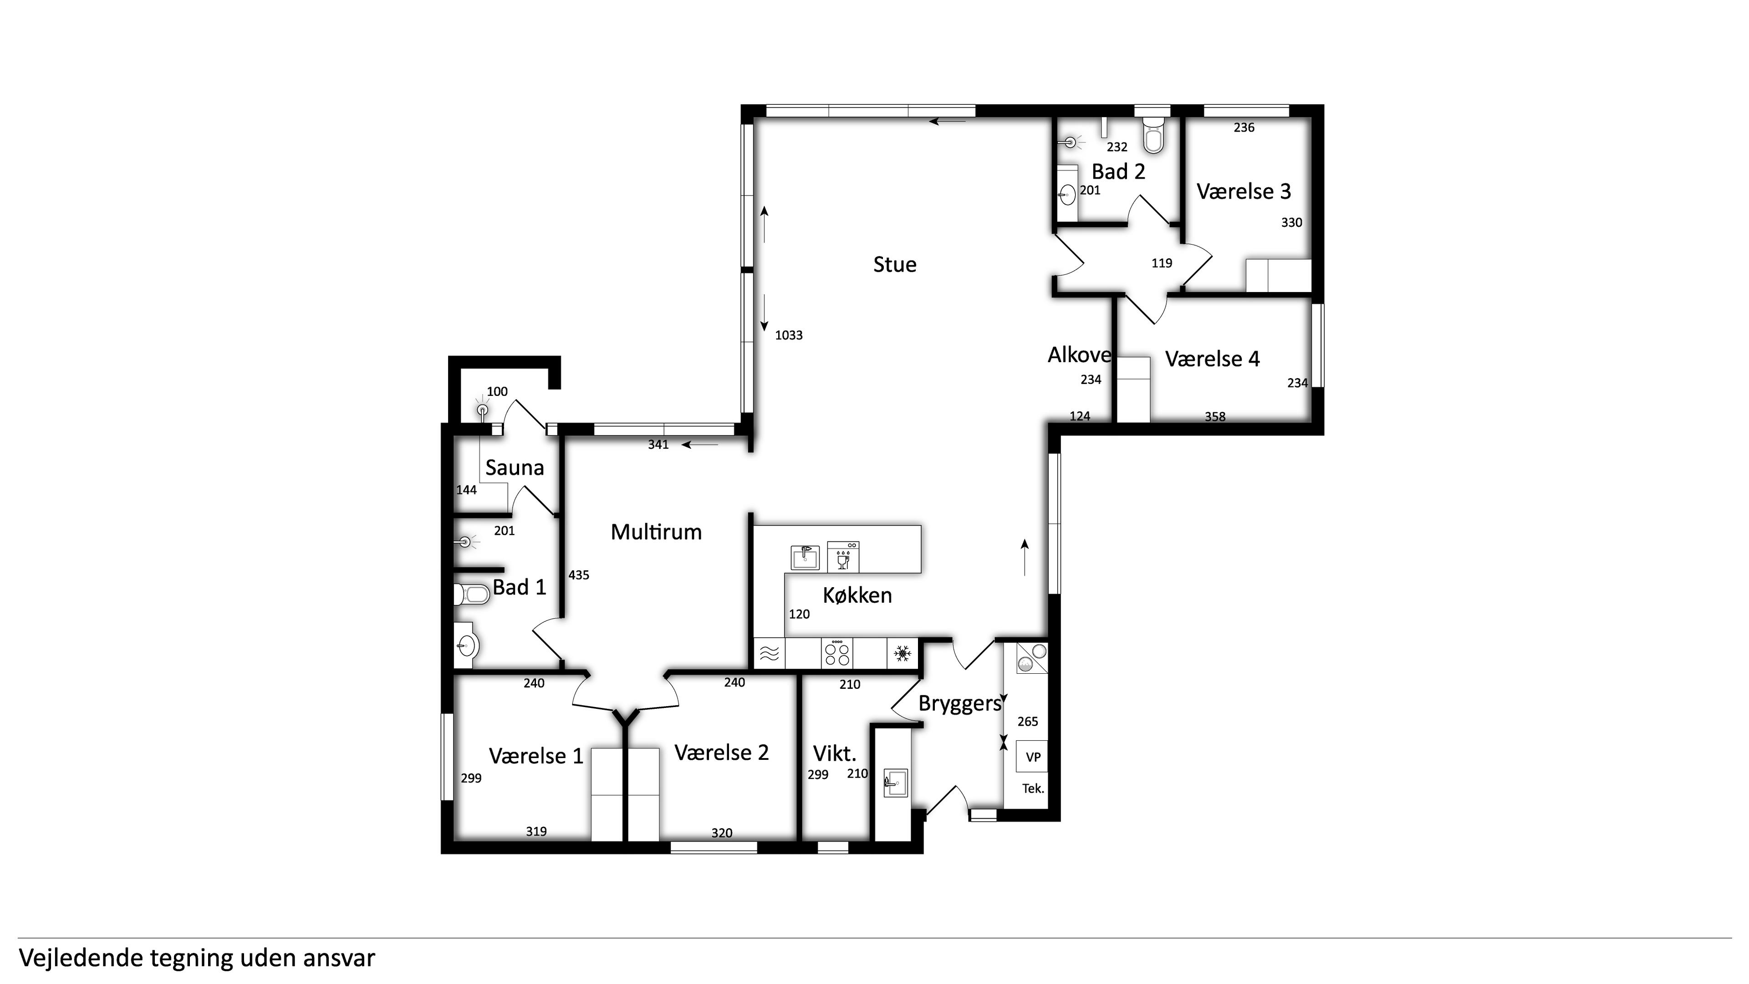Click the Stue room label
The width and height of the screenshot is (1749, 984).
[894, 264]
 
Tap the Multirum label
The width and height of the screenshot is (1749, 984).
[656, 532]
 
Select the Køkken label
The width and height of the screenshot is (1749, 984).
[857, 595]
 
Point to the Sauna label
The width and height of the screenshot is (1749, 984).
[515, 468]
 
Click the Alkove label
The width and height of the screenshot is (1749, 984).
[1079, 354]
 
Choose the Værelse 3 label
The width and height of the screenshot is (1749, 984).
[1243, 191]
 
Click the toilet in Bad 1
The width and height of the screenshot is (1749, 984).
[471, 595]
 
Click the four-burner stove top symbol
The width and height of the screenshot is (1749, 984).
[836, 653]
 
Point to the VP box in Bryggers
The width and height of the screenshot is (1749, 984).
[1032, 757]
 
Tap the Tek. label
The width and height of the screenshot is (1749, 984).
[1033, 789]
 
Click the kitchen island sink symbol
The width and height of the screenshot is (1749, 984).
[805, 558]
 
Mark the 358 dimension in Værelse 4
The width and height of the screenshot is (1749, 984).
[1215, 416]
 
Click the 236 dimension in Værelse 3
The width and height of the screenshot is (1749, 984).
[1244, 127]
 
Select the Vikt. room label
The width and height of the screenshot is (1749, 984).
[835, 754]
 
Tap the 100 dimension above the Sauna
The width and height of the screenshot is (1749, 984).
[497, 391]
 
